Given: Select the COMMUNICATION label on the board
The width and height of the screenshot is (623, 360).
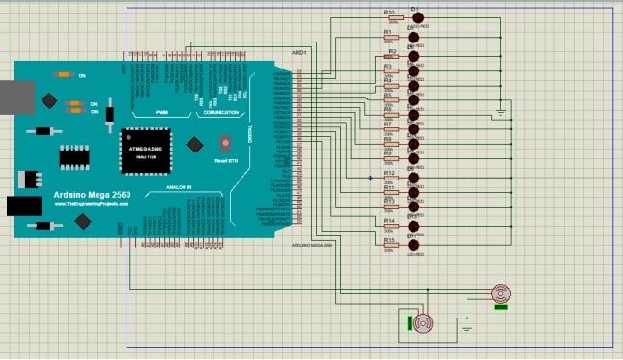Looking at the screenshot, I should click(x=220, y=113).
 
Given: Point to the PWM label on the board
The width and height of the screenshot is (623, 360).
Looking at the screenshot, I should click(x=161, y=113).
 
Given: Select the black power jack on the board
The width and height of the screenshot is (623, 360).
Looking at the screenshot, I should click(x=20, y=206).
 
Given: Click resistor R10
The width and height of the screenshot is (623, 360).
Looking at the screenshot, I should click(x=390, y=19).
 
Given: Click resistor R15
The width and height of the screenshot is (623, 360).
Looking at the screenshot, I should click(x=390, y=245).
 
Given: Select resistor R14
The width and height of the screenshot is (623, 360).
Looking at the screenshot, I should click(x=390, y=228).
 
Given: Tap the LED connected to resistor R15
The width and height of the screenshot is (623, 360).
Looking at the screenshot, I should click(x=413, y=245).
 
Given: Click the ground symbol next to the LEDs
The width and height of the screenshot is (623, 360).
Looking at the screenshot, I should click(x=500, y=113).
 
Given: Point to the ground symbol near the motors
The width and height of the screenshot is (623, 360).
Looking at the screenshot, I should click(x=467, y=328).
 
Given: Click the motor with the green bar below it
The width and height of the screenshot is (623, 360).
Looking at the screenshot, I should click(x=500, y=293).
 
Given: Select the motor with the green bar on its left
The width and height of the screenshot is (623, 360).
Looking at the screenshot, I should click(x=424, y=323).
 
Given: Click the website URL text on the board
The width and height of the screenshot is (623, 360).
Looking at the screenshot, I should click(x=92, y=205).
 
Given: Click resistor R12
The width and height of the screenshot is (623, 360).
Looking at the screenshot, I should click(x=390, y=179).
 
